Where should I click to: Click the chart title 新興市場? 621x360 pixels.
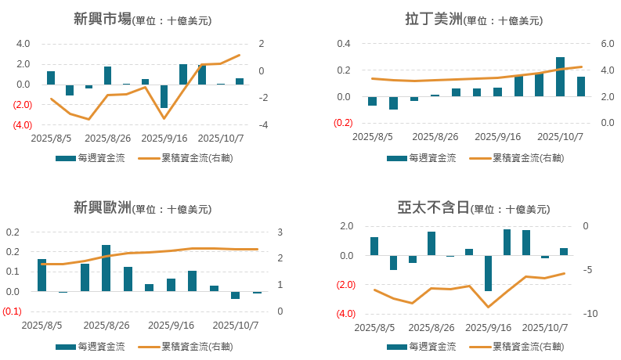point(102,20)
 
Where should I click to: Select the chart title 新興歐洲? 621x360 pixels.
point(102,207)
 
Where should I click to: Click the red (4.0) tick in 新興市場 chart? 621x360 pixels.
point(21,125)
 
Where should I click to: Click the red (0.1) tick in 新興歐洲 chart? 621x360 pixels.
point(12,311)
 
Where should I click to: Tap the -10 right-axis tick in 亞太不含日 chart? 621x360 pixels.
point(594,314)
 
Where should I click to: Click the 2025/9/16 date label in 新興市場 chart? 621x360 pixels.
point(164,138)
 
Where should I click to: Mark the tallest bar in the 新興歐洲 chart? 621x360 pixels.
point(106,268)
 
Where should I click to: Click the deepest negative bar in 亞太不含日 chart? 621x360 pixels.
point(488,273)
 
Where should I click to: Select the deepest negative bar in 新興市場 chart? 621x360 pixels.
point(164,95)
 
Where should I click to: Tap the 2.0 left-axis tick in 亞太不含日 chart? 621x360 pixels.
point(346,226)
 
